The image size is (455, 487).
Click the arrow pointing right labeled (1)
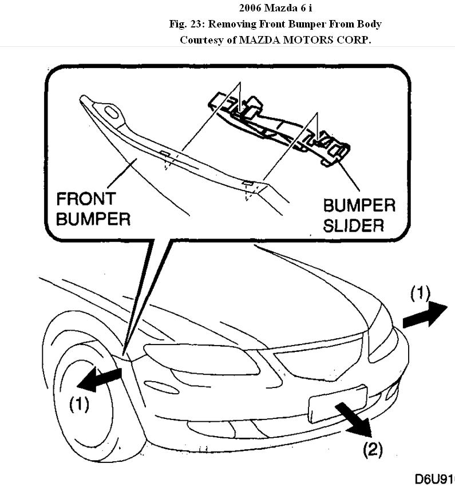[x=424, y=315]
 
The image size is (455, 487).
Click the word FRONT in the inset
[x=86, y=200]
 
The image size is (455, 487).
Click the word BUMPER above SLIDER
[x=359, y=205]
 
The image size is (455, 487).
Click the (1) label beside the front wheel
[x=79, y=405]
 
